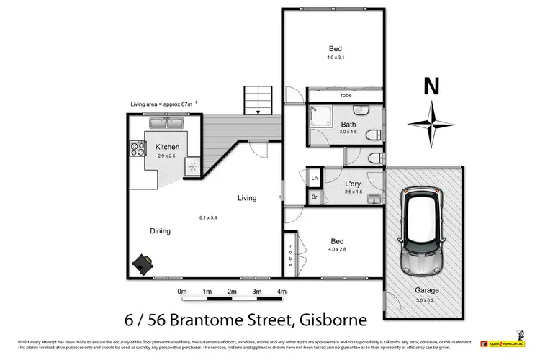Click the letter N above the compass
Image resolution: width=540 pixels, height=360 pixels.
click(431, 87)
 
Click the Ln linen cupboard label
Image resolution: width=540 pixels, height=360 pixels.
click(315, 178)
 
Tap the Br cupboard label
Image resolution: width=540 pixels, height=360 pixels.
click(315, 196)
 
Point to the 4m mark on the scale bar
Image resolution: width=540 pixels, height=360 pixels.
click(282, 291)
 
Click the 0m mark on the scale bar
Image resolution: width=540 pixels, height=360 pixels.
click(182, 291)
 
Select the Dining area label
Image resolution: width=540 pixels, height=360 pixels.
click(160, 231)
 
